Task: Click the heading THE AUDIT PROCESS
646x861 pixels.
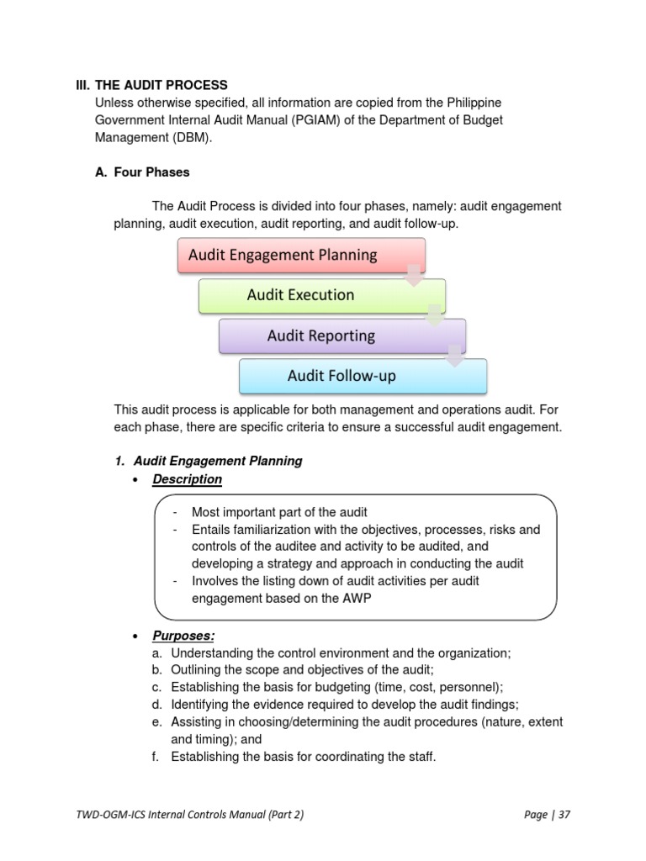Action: click(x=161, y=85)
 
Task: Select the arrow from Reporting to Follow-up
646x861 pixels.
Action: click(x=455, y=357)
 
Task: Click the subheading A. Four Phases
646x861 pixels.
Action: click(x=142, y=172)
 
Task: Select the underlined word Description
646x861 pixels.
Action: click(x=187, y=479)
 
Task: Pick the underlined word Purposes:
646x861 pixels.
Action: click(x=183, y=636)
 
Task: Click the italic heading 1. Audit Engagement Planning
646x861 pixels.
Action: click(x=208, y=461)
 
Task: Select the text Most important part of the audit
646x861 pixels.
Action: click(x=279, y=512)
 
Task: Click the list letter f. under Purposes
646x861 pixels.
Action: click(x=157, y=757)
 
